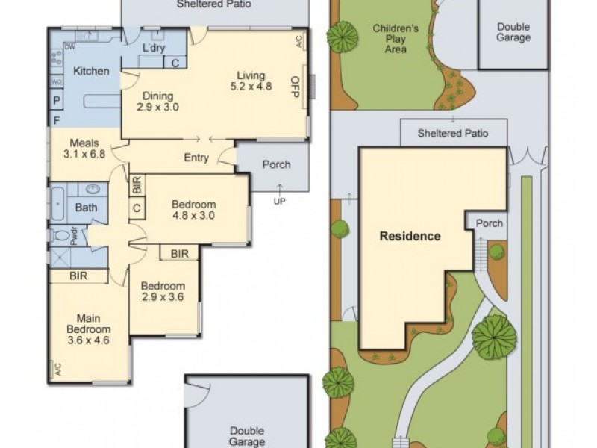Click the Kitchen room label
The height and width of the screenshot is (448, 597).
coord(91,71)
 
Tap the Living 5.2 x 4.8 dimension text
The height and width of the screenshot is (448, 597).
coord(251,87)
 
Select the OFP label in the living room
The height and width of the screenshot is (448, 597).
coord(296,87)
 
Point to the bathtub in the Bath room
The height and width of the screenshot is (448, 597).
coord(57,203)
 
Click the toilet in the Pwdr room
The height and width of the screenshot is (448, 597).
coord(62,236)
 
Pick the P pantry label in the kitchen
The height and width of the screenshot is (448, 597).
coord(57,101)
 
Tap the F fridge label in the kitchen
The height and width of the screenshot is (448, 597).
coord(57,121)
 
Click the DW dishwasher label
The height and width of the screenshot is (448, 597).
coord(69,47)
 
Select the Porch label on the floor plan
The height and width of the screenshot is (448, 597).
coord(276,164)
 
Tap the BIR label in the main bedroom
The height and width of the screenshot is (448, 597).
coord(78,276)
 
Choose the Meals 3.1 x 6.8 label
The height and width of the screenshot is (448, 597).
coord(84,149)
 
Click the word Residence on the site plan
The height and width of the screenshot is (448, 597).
coord(410,236)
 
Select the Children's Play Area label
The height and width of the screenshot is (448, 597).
coord(396,39)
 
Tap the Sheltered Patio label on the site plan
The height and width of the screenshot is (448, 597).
coord(453,134)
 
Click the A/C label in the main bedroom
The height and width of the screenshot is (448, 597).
coord(58,369)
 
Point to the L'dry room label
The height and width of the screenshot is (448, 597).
coord(154,48)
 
